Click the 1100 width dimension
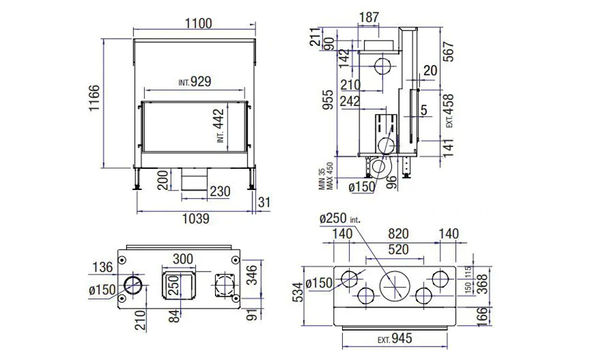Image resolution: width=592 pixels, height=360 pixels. (x=199, y=24)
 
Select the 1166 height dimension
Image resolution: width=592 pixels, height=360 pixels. (x=94, y=98)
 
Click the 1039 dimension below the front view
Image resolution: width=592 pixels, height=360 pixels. (x=196, y=219)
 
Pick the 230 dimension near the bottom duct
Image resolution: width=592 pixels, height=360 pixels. (x=220, y=191)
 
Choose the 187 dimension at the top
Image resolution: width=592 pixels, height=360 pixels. (x=368, y=17)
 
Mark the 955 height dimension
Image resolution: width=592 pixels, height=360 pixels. (x=330, y=100)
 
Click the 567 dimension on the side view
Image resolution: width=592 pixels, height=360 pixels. (x=448, y=52)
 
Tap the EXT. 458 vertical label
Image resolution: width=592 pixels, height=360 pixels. (x=449, y=111)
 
